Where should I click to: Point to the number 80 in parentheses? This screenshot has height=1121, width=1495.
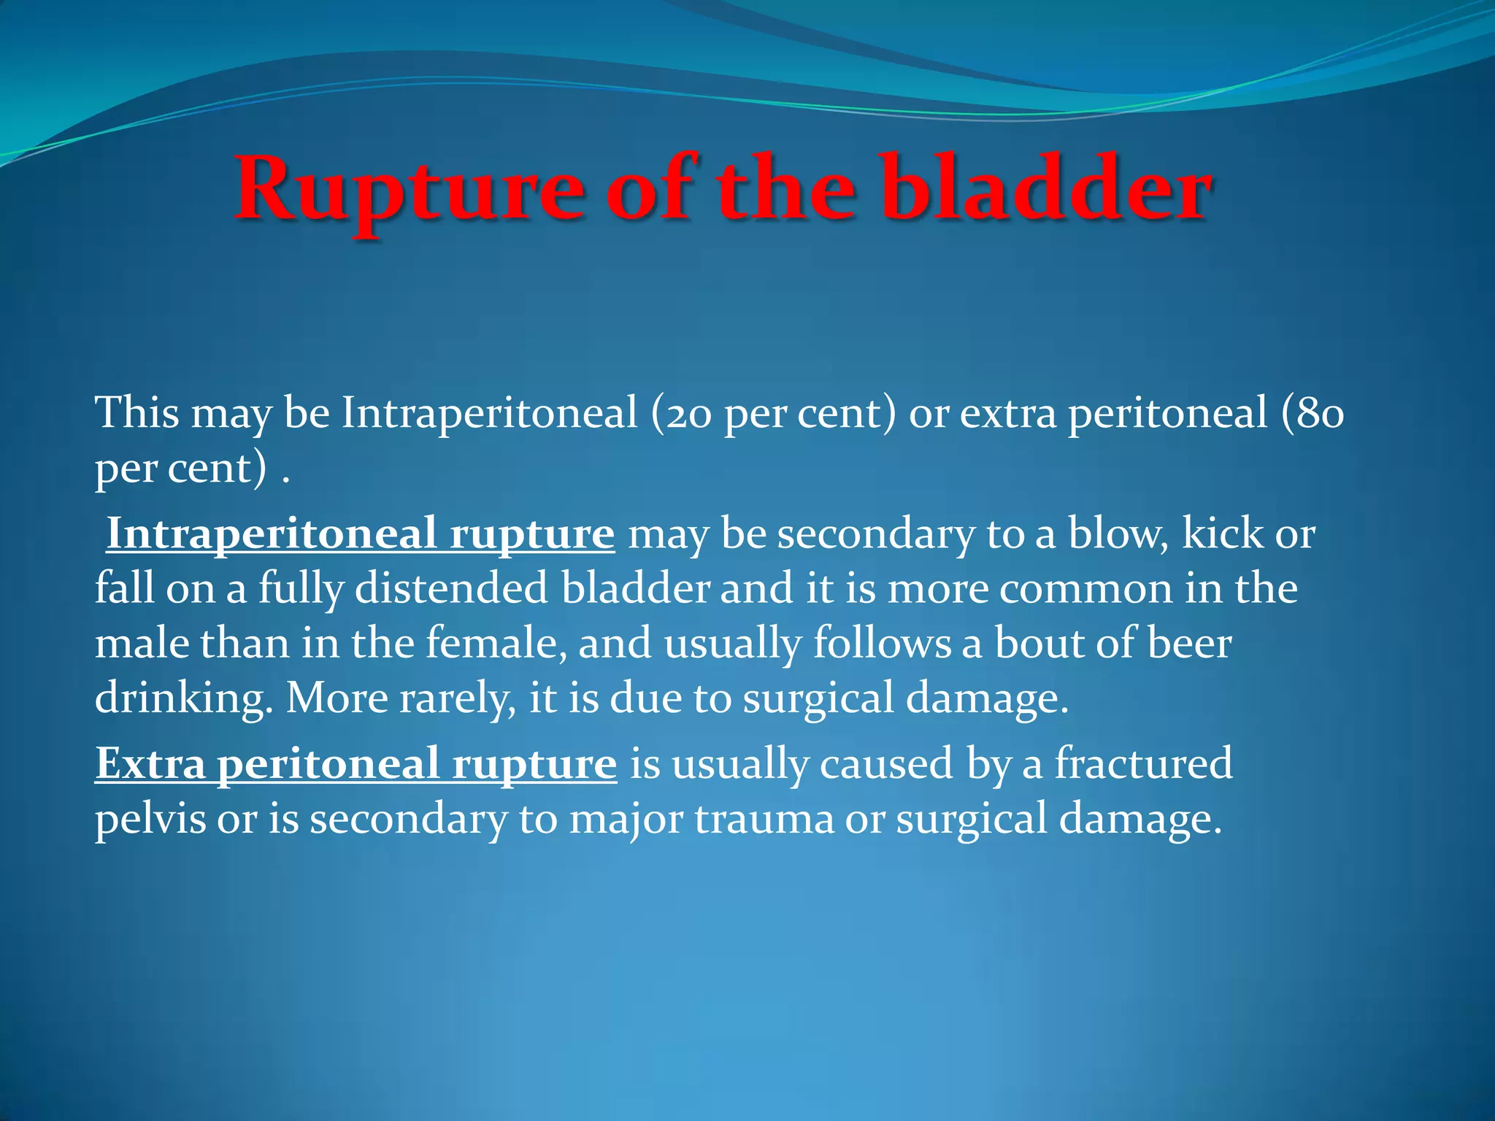coord(1320,415)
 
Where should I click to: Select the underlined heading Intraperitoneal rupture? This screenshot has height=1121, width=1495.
coord(361,534)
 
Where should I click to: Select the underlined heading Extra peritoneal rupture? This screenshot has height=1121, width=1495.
coord(356,765)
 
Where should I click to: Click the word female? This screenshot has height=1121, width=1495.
coord(496,644)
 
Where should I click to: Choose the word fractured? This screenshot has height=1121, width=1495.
coord(1143,765)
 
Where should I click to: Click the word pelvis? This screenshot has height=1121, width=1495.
coord(150,820)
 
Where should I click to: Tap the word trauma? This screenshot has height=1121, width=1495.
coord(764,820)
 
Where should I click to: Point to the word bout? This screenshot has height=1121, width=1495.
coord(1034,644)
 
